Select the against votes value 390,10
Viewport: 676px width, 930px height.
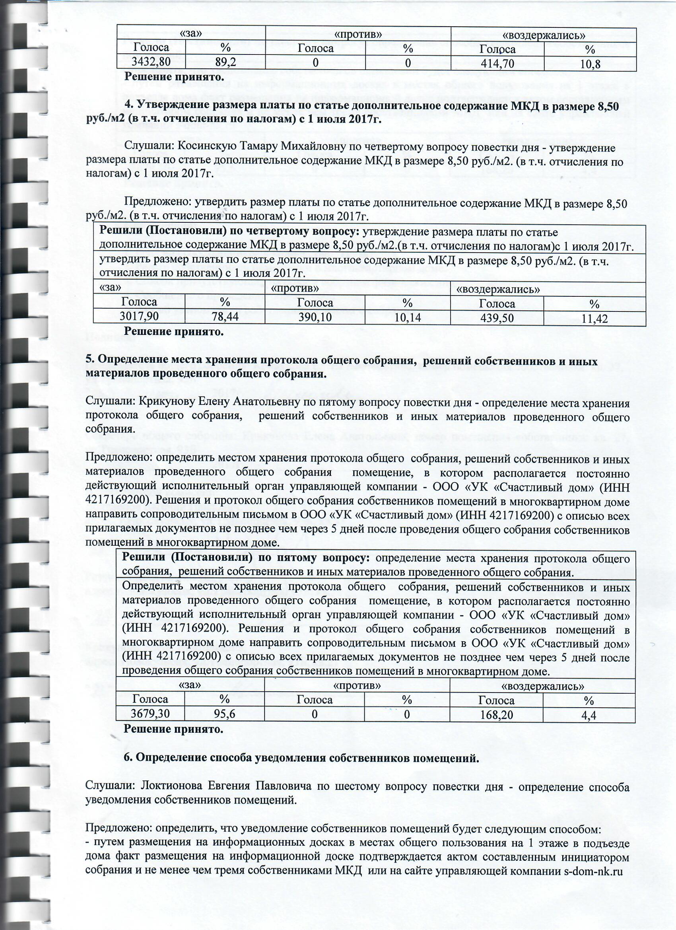pos(315,317)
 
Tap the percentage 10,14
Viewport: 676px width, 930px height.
pos(408,318)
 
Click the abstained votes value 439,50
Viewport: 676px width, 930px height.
pos(497,318)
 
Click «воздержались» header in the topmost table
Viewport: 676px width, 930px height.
pos(543,35)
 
